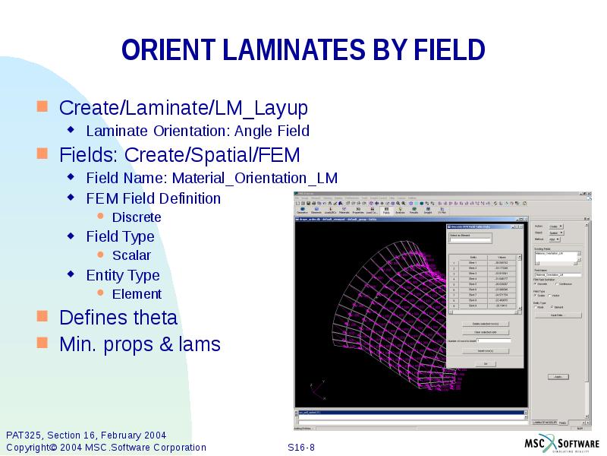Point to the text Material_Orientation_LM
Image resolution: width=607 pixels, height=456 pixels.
tap(254, 178)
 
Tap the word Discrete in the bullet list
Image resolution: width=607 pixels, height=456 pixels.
tap(137, 217)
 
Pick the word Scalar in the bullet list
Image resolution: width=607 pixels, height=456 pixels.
tap(131, 255)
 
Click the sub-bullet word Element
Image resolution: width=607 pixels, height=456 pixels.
tap(137, 294)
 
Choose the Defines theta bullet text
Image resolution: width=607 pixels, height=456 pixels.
tap(118, 317)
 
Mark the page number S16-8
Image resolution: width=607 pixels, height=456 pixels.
tap(301, 447)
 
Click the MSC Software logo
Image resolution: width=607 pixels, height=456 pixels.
tap(561, 444)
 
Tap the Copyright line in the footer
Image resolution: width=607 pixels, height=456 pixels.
tap(105, 447)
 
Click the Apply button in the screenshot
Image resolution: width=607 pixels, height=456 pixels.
tap(558, 377)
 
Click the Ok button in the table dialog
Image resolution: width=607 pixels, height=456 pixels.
tap(485, 364)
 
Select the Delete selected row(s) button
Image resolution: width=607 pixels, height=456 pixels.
tap(485, 324)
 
